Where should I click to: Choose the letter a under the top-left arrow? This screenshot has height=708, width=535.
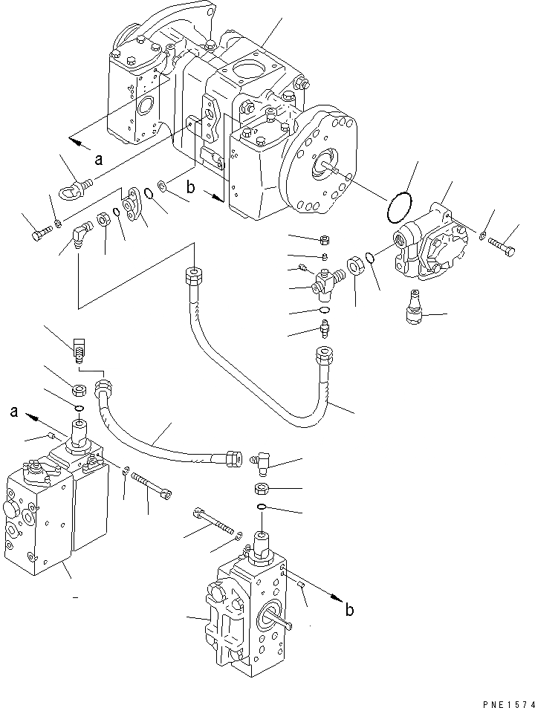point(98,157)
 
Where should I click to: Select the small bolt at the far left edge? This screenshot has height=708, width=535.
point(40,235)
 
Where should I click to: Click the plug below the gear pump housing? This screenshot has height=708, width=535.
point(410,313)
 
